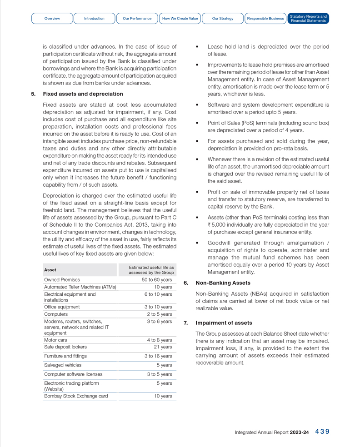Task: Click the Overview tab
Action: tap(52, 19)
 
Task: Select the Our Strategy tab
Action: tap(223, 19)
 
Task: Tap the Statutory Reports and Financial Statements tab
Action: tap(308, 19)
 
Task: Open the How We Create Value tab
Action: tap(180, 19)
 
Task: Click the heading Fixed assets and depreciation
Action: tap(76, 94)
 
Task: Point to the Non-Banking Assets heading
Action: tap(223, 283)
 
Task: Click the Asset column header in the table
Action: tap(50, 270)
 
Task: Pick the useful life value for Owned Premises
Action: tap(157, 280)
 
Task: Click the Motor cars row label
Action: tap(55, 340)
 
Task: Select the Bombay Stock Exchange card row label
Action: tap(76, 396)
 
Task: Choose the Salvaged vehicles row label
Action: tap(63, 365)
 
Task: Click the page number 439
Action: tap(322, 432)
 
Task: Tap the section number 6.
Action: tap(185, 283)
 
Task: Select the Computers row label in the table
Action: tap(56, 314)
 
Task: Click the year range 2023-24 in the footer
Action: tap(300, 432)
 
